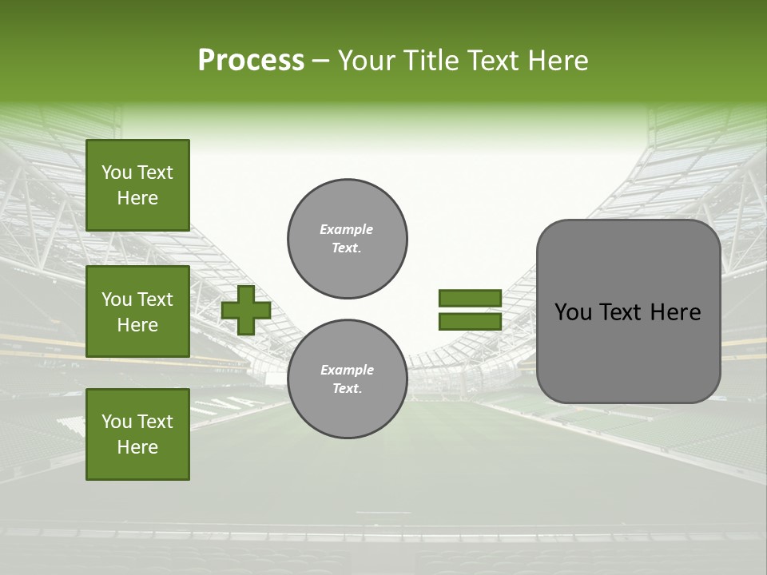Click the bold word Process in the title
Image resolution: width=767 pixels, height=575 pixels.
251,61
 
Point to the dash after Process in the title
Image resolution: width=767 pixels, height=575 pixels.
320,62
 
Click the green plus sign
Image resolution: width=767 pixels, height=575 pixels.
246,311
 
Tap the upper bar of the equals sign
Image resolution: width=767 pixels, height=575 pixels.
470,298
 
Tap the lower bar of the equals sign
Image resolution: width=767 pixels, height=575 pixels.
470,322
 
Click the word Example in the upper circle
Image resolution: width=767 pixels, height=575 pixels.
347,229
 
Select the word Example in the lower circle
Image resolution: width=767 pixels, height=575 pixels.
347,370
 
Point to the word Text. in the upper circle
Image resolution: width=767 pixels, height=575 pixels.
347,248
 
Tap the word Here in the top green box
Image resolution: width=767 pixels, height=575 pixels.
137,198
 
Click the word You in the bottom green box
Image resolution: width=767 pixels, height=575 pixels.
116,422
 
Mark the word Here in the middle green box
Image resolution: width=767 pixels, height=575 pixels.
137,325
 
